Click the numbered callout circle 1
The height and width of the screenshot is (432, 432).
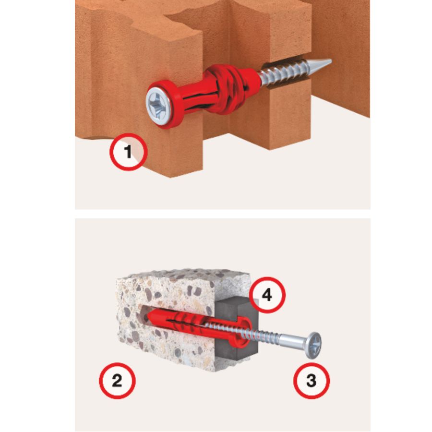(x=129, y=152)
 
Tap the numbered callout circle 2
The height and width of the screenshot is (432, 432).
(x=117, y=381)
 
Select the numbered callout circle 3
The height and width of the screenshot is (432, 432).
(x=312, y=381)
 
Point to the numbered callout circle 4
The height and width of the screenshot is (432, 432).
(x=267, y=295)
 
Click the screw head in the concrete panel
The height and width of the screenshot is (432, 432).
(x=314, y=346)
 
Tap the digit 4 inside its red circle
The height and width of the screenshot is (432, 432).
(x=267, y=295)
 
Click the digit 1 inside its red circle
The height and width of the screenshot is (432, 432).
(x=128, y=152)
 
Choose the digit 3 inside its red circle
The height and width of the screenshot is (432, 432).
(x=312, y=381)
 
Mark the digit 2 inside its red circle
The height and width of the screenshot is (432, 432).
(x=117, y=381)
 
